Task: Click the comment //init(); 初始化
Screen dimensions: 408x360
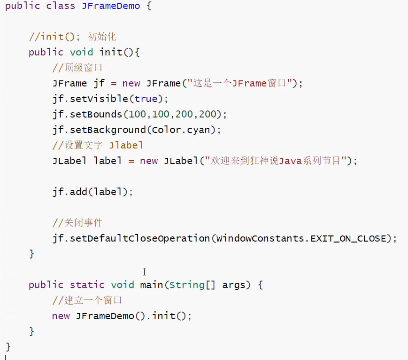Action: [x=72, y=37]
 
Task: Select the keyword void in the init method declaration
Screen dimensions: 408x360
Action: [x=81, y=52]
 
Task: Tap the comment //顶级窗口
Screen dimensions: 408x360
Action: [x=77, y=68]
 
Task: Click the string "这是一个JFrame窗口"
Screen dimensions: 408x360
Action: [x=239, y=83]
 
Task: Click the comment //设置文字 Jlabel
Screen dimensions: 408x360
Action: [x=98, y=145]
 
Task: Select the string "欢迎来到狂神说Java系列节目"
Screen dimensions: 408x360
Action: [x=272, y=161]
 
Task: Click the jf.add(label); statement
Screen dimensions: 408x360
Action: [x=93, y=192]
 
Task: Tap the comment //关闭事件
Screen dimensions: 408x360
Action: [x=77, y=223]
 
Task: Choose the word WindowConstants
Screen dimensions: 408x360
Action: [x=261, y=238]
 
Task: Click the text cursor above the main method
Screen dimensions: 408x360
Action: [x=144, y=272]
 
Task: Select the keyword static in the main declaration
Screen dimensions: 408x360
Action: [x=87, y=285]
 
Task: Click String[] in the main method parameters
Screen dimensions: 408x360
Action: [x=192, y=285]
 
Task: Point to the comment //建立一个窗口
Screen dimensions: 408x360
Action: [x=87, y=300]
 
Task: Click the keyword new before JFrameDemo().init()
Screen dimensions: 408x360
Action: [x=61, y=316]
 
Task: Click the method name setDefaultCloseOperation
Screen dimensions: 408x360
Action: [x=140, y=238]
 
